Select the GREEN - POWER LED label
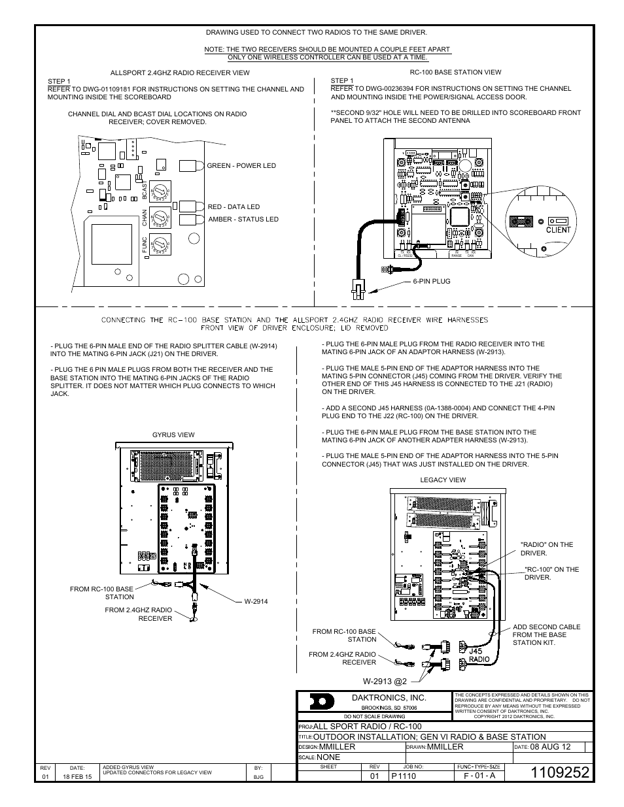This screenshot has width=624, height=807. tap(241, 166)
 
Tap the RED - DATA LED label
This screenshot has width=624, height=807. tap(234, 207)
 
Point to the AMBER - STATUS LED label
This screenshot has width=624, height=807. tap(243, 220)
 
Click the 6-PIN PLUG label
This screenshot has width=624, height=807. tap(432, 281)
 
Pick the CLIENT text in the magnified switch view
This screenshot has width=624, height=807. tap(558, 229)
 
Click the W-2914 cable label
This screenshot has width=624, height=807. tap(256, 601)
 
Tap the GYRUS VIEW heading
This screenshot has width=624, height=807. tap(173, 435)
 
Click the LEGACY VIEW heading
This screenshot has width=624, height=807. tap(443, 480)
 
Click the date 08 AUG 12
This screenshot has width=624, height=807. tap(551, 746)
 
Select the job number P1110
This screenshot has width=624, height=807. tap(404, 776)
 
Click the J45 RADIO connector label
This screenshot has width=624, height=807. tap(479, 655)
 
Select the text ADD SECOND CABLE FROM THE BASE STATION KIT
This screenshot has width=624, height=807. tap(546, 634)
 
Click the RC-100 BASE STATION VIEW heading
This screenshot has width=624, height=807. tap(455, 73)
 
